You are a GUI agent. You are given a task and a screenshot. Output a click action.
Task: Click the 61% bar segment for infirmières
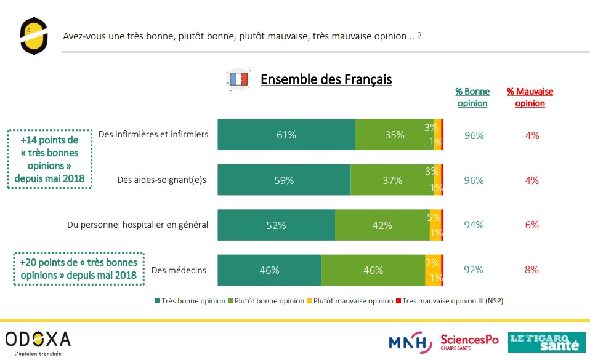(286, 135)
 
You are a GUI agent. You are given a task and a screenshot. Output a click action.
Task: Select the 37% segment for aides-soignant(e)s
(392, 180)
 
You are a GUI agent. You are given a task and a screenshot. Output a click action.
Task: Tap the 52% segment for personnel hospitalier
(276, 225)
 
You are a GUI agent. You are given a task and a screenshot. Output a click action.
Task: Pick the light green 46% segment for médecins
(373, 270)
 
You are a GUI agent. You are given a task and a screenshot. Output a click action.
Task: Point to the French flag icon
(238, 79)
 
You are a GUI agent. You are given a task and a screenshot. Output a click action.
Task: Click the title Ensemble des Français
(326, 79)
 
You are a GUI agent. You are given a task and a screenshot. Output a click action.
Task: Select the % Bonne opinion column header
(472, 97)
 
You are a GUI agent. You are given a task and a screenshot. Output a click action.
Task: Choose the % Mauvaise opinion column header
(530, 97)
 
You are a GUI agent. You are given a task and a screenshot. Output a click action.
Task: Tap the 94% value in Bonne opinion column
(474, 225)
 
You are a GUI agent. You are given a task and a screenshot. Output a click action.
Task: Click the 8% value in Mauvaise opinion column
(532, 270)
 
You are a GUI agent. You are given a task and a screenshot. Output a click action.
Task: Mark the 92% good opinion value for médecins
(474, 270)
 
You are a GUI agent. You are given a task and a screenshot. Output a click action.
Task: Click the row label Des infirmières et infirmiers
(153, 134)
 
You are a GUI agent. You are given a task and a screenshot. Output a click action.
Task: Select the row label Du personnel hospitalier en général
(137, 225)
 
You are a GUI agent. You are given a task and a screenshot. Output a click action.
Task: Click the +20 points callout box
(78, 269)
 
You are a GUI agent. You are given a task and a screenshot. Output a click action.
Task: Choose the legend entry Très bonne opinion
(190, 301)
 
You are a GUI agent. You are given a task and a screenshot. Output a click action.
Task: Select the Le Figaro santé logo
(546, 342)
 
